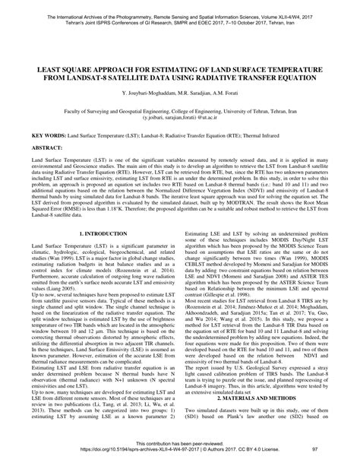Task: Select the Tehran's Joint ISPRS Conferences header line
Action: [x=180, y=17]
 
